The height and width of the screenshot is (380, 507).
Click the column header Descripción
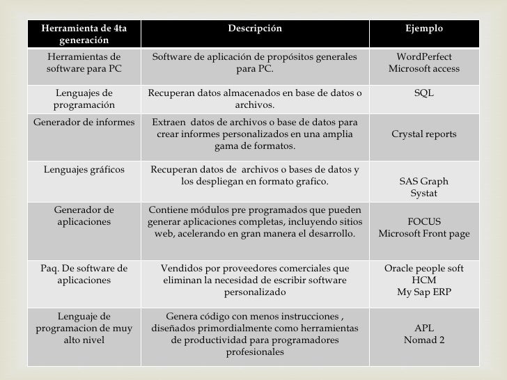coord(255,29)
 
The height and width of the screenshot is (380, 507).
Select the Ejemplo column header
coord(423,29)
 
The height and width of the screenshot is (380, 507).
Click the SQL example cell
coord(423,93)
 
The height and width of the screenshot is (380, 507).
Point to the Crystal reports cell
coord(423,134)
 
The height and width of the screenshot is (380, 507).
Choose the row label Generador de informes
coord(84,122)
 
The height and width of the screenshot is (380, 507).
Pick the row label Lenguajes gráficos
coord(84,169)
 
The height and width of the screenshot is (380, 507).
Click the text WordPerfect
coord(423,57)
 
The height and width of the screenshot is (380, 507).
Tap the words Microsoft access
coord(423,69)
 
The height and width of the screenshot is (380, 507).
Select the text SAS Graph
coord(423,182)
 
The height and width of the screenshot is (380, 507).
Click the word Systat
coord(423,193)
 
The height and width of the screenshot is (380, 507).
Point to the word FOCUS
coord(423,222)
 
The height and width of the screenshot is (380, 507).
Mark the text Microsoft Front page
coord(423,234)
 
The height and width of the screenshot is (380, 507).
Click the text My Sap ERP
coord(423,292)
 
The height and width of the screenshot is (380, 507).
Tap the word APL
coord(423,328)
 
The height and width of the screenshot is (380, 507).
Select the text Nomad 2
coord(423,340)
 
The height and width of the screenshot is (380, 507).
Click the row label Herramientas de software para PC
coord(84,63)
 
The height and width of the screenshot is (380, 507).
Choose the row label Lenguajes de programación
coord(84,99)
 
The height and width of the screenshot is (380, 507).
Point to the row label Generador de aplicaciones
coord(84,216)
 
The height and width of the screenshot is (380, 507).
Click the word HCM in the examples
coord(423,280)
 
